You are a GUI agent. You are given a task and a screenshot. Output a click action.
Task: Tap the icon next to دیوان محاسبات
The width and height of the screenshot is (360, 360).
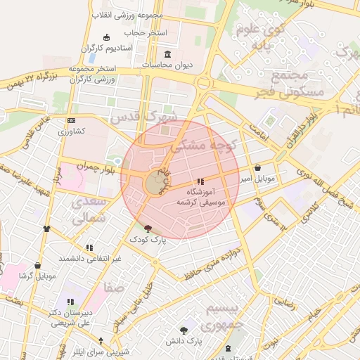click(167, 54)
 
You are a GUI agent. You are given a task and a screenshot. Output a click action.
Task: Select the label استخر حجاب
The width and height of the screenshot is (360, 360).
click(146, 33)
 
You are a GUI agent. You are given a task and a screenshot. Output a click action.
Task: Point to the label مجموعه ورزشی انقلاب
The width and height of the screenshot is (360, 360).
click(127, 15)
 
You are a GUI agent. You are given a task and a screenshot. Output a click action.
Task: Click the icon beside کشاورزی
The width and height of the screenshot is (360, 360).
click(70, 121)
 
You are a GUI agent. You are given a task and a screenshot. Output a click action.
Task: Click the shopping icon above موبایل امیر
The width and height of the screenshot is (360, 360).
click(258, 168)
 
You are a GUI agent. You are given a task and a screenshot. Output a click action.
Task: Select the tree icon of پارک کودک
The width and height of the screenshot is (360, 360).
click(148, 229)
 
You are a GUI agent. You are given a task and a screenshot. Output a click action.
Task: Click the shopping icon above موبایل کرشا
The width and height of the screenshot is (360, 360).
click(37, 265)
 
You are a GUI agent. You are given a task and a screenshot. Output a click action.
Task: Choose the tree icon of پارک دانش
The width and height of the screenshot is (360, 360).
click(184, 330)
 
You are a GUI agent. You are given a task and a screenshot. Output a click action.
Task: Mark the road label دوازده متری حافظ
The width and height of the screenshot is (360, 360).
click(210, 262)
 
